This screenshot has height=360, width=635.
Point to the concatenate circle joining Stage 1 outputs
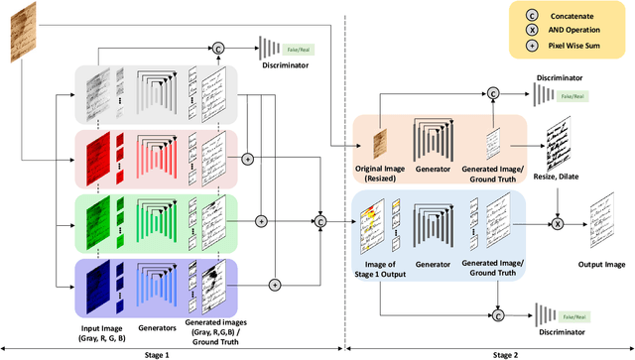[x=320, y=222]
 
